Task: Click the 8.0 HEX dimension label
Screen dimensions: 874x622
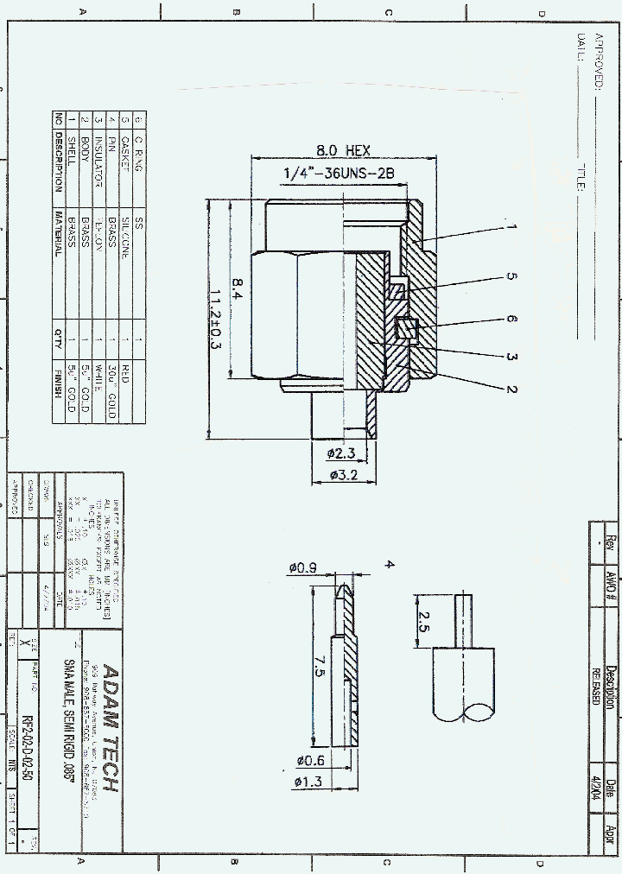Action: [x=335, y=149]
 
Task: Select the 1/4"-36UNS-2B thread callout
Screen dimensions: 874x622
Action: [x=339, y=174]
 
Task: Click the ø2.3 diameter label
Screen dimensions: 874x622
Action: [x=341, y=453]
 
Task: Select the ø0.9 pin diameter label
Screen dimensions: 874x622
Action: [x=301, y=567]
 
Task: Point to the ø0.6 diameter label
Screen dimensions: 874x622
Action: [x=311, y=761]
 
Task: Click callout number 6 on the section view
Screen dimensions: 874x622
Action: [x=511, y=319]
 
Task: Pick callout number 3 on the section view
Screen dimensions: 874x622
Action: [x=511, y=357]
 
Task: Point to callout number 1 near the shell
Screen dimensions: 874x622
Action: [x=511, y=227]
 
